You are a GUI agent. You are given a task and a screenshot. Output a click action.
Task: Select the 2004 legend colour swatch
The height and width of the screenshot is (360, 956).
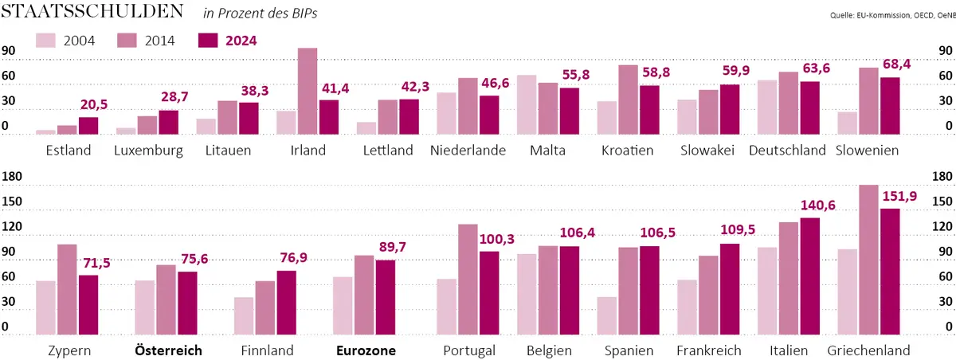click(x=45, y=41)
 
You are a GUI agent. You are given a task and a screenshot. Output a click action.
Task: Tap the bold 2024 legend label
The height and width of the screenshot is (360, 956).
click(x=241, y=41)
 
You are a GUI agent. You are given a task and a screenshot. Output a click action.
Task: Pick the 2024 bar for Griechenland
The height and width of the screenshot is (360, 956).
click(x=890, y=272)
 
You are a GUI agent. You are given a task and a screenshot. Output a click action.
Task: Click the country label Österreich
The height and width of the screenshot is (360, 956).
click(x=168, y=350)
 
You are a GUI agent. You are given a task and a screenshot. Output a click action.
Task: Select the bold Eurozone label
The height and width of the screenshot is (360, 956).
click(x=366, y=350)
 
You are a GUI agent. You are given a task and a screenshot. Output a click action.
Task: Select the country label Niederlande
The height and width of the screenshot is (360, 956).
click(x=468, y=150)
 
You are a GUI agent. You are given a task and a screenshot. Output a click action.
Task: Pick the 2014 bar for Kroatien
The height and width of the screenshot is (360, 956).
click(x=628, y=100)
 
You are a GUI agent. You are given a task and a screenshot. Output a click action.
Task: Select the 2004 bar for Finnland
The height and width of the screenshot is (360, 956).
click(x=244, y=316)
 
